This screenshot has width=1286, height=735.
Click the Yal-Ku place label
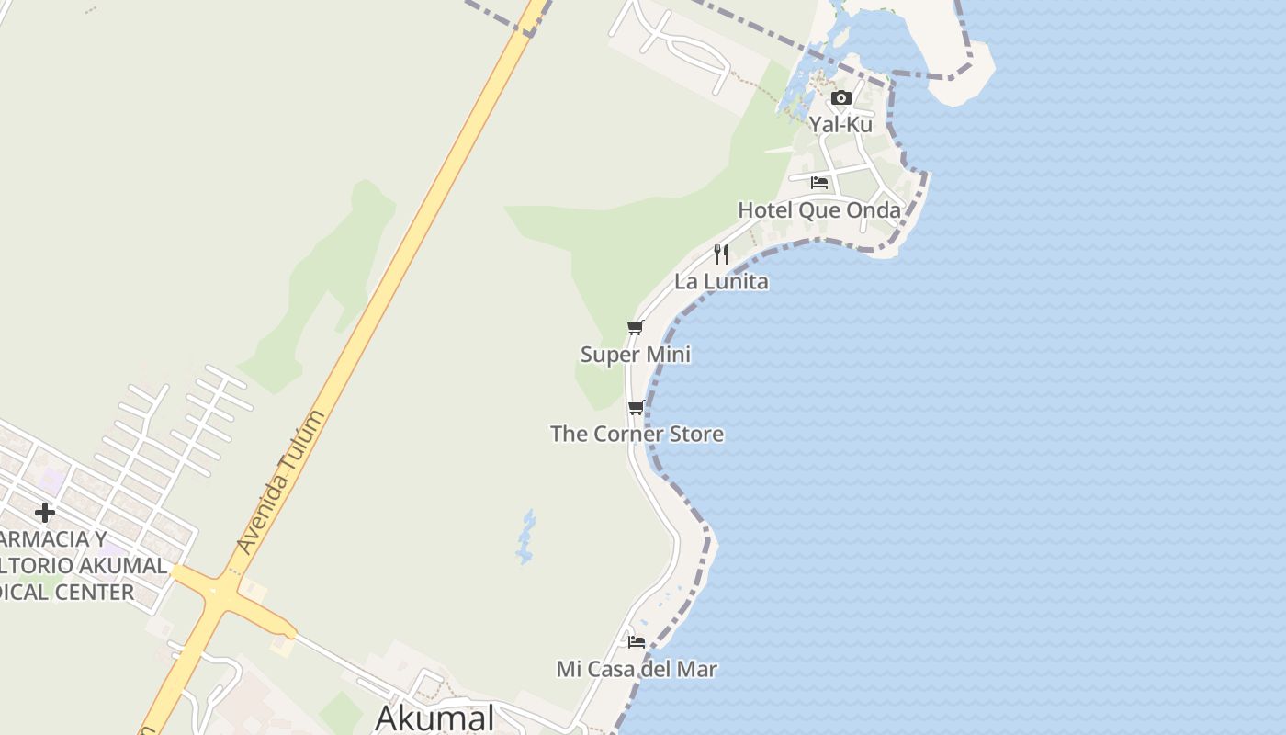(840, 124)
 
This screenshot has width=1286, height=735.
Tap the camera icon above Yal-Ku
(840, 98)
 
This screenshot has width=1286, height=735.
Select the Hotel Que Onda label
(819, 210)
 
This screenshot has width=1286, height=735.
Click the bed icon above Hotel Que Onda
(819, 183)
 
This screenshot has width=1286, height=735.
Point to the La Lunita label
(721, 282)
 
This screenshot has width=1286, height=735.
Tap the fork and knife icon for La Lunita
(721, 254)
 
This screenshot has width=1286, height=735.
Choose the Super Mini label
(636, 355)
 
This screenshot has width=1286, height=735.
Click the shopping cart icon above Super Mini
(635, 328)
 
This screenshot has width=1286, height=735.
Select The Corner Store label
(637, 434)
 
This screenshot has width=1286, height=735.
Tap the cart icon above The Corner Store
(636, 407)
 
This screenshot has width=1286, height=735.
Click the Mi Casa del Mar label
(637, 669)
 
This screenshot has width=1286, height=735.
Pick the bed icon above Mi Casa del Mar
(637, 642)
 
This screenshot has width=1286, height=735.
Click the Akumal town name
(434, 718)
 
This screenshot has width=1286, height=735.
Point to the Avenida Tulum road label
(281, 481)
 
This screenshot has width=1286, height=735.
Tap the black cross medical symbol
(44, 513)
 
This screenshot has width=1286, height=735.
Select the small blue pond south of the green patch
(525, 537)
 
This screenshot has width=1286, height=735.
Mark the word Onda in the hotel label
(874, 210)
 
